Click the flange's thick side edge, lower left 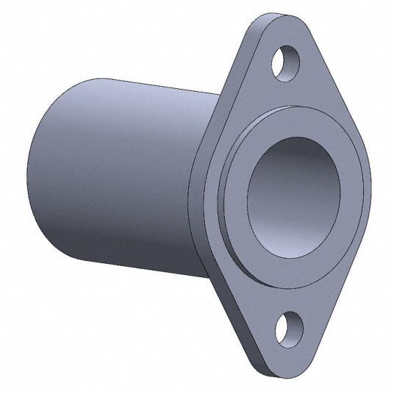pos(221,294)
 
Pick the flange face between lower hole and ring pos(294,294)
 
